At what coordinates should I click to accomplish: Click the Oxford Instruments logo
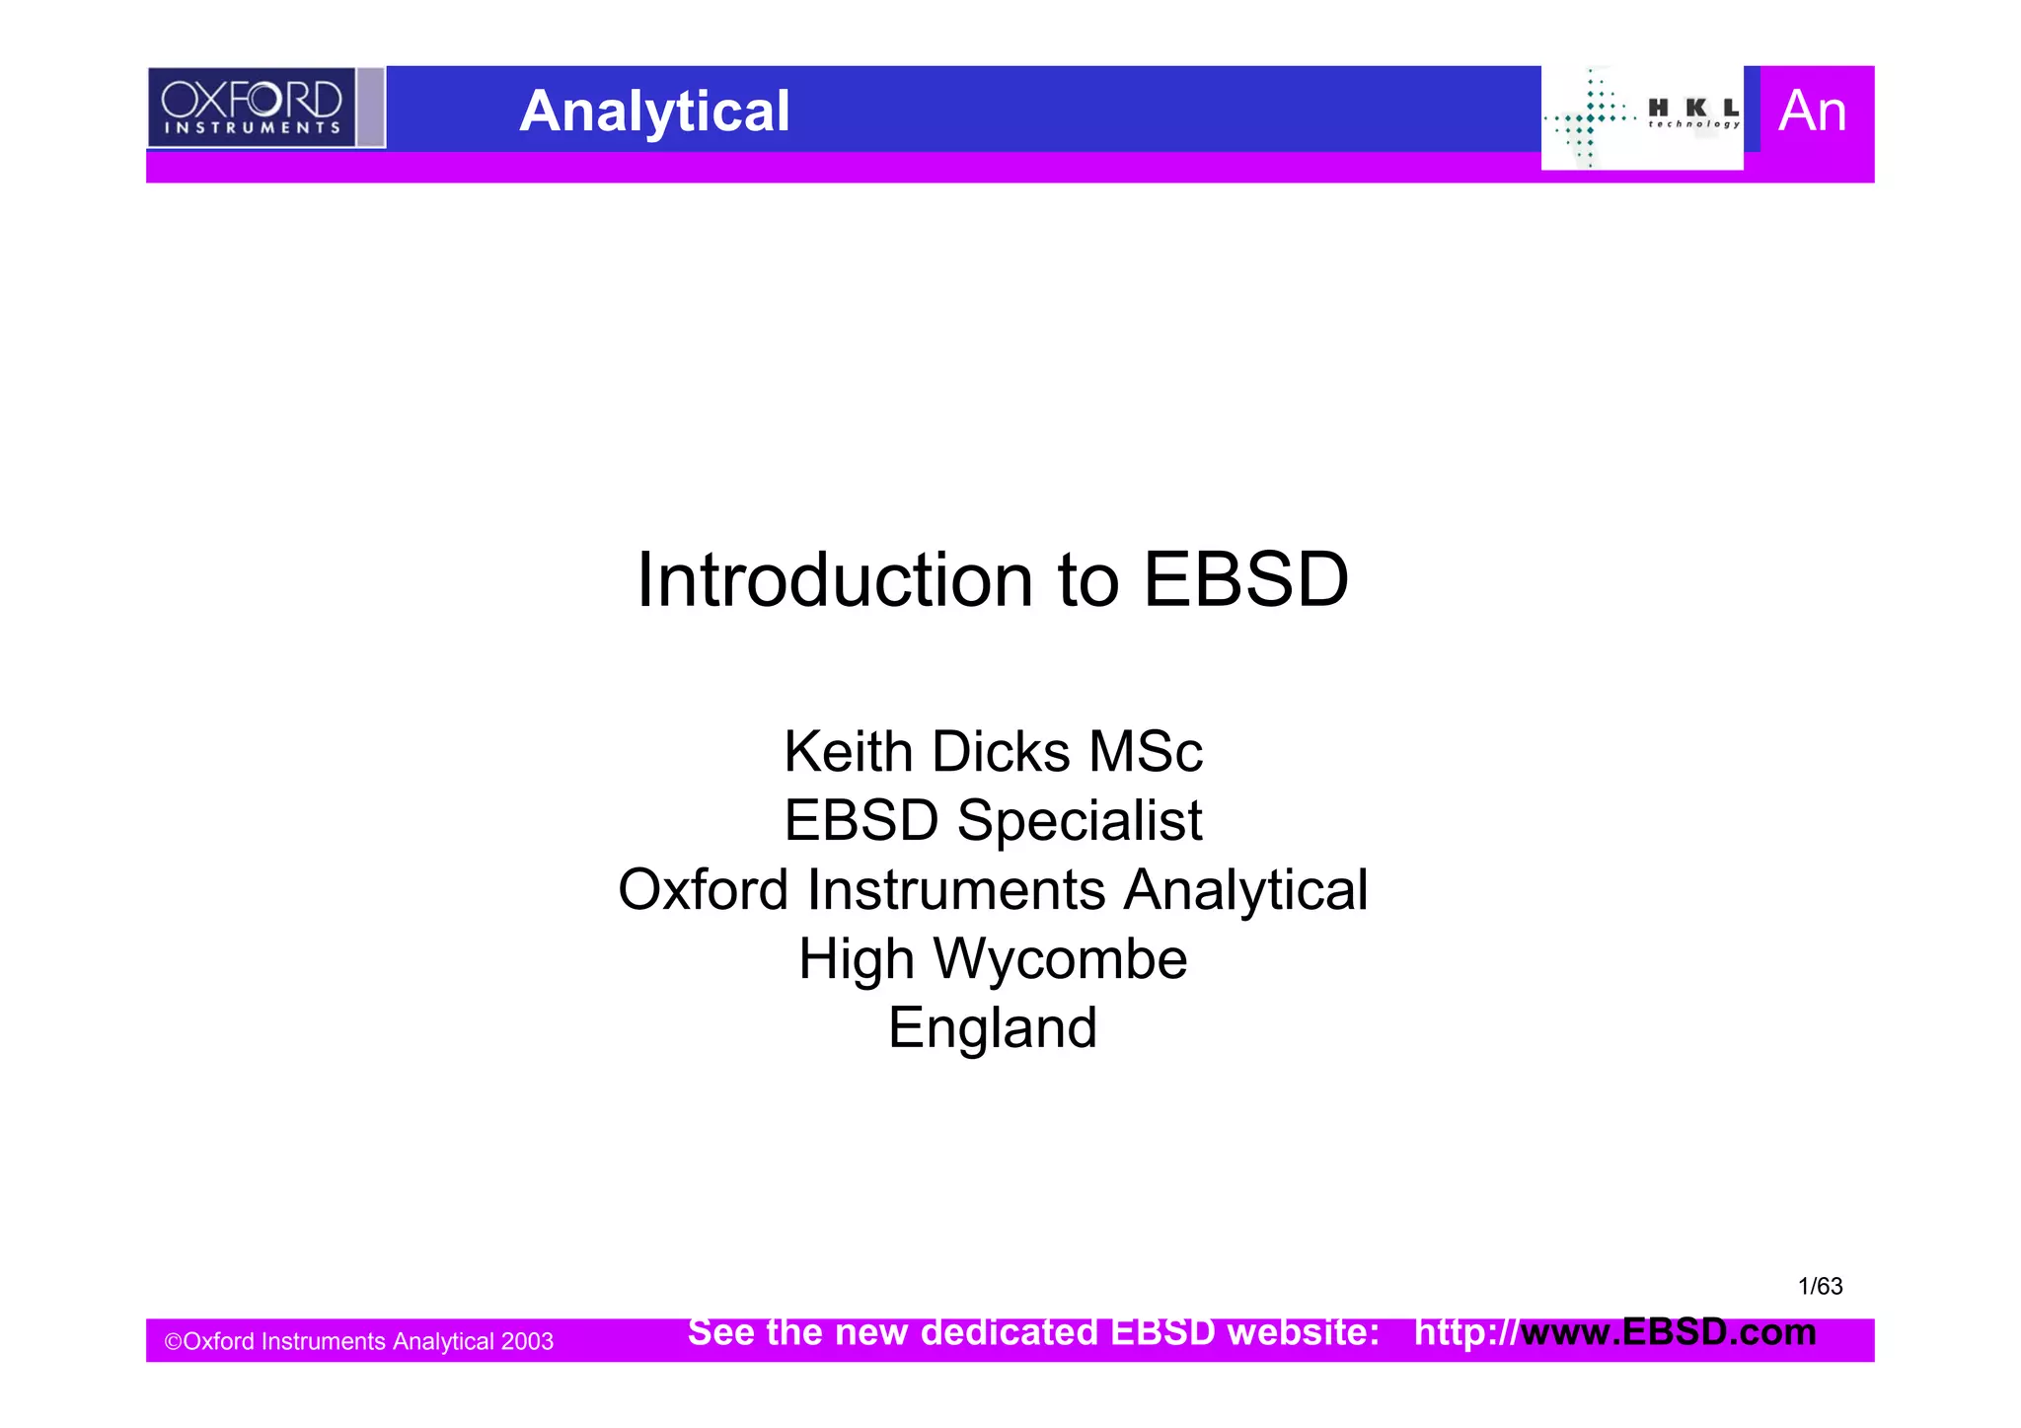[253, 108]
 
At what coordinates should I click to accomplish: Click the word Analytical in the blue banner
[654, 111]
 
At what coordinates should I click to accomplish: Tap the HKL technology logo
[1642, 117]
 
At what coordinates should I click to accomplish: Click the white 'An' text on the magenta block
[1812, 111]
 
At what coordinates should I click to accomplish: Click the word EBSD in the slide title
[1245, 580]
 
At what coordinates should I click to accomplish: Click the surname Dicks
[1001, 752]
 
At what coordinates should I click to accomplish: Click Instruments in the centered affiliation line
[956, 890]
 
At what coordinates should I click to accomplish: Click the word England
[993, 1028]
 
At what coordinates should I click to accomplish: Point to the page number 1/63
[1820, 1286]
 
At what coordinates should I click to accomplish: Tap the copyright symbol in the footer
[173, 1342]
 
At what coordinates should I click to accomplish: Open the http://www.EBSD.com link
[1614, 1332]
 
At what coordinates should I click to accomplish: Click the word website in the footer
[1303, 1332]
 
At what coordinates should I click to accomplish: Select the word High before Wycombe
[856, 959]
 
